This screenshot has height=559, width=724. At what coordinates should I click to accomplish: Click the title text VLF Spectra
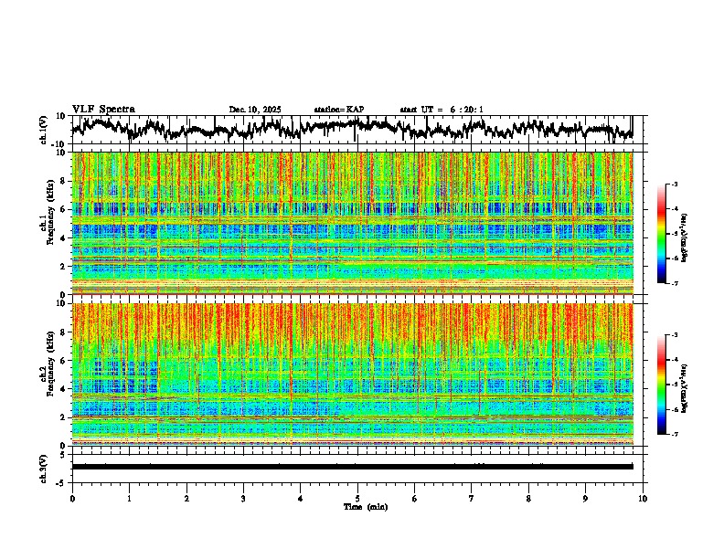point(103,109)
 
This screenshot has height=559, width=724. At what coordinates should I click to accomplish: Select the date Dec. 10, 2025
point(255,110)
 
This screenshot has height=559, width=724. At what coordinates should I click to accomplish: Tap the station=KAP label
point(338,110)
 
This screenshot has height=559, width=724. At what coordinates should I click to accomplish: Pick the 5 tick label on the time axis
point(357,498)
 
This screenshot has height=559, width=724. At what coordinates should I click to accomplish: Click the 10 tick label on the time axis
point(643,498)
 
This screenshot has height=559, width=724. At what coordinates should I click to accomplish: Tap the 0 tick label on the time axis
point(72,498)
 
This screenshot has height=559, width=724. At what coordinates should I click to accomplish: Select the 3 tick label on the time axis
point(243,498)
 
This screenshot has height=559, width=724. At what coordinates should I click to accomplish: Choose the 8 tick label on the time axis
point(528,498)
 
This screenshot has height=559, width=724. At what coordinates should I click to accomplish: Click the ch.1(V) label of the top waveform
point(43,130)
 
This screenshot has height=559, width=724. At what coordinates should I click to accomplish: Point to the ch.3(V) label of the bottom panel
point(43,466)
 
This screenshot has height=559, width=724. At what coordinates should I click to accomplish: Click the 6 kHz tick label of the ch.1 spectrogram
point(61,209)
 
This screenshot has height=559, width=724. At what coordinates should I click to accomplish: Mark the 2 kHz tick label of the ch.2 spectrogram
point(61,417)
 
